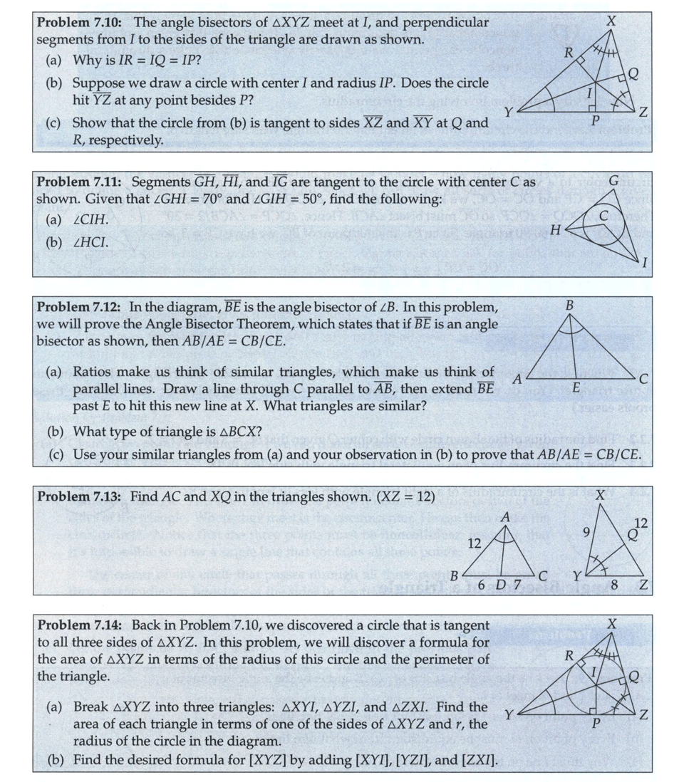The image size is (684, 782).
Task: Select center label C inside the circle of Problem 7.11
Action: pos(603,214)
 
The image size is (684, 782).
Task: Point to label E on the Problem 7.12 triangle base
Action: pos(576,388)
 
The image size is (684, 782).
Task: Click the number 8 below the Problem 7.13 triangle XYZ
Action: pos(613,585)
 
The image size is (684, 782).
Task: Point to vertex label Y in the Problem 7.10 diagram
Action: pos(508,111)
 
